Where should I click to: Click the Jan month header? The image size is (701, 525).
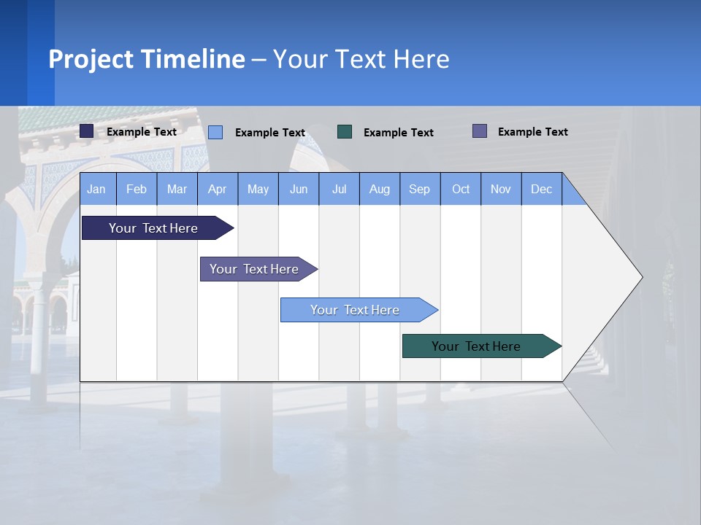point(97,189)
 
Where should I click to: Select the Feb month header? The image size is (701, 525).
point(137,189)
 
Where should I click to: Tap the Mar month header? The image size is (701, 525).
point(177,189)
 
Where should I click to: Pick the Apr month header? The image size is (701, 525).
point(218,189)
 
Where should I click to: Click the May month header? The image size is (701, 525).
point(258,189)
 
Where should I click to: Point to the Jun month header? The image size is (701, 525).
point(299,189)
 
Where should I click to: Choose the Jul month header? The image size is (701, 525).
point(339,189)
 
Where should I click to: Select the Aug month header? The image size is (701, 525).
point(380,189)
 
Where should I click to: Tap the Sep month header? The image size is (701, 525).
point(420,189)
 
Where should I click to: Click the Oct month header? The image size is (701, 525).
point(461,189)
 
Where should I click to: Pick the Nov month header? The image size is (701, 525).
point(501,189)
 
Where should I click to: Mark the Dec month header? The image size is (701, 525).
point(542,189)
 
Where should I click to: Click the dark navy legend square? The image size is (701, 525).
point(87,131)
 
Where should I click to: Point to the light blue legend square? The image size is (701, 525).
point(215,132)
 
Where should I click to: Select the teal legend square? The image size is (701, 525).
point(345,132)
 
